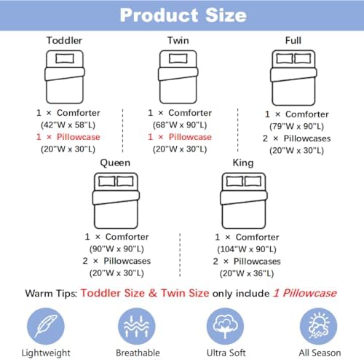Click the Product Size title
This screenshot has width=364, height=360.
(183, 15)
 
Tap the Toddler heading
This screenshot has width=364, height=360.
(64, 40)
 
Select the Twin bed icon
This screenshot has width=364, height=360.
(178, 77)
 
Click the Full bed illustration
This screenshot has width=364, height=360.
(293, 78)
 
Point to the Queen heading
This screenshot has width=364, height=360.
(115, 163)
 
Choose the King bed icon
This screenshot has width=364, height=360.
(244, 200)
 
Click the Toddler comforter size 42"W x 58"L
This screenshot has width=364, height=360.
(68, 125)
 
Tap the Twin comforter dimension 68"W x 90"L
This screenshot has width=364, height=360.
(180, 125)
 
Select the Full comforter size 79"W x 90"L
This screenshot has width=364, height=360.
(296, 126)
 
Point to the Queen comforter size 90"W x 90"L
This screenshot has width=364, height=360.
(116, 249)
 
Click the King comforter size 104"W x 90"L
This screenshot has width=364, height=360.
(247, 249)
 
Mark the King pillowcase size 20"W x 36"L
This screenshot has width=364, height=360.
(247, 273)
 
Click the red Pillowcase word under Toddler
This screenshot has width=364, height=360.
(79, 137)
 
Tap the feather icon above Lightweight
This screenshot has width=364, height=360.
(46, 326)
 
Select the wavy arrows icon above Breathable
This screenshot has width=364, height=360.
(137, 326)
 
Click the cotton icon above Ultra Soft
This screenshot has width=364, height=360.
(225, 326)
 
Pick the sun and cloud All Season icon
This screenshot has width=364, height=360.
(318, 326)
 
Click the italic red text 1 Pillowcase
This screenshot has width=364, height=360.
(305, 293)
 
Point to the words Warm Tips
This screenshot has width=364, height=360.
(51, 294)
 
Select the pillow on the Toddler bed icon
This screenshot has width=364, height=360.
(65, 58)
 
